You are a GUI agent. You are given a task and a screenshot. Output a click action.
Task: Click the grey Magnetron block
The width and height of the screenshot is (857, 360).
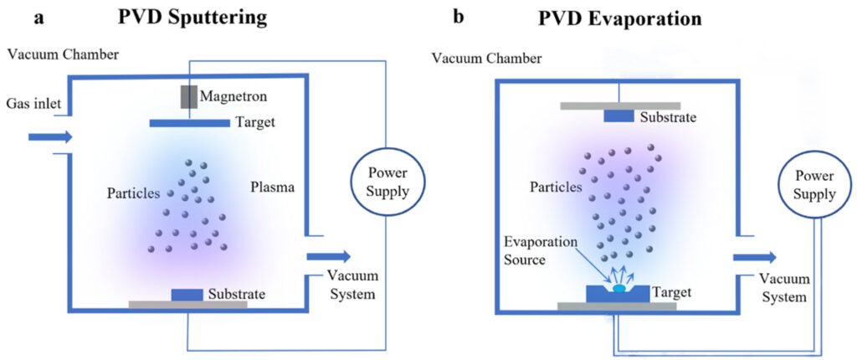[188, 96]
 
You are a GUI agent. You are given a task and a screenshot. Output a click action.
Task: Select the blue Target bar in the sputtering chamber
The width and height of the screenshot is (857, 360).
[190, 123]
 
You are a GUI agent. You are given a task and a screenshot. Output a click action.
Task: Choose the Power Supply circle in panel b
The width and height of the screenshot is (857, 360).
[814, 186]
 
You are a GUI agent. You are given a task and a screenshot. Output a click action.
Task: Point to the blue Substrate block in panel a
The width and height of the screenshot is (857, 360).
[187, 295]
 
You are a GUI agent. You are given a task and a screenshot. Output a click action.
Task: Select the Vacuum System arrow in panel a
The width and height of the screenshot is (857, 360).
[329, 256]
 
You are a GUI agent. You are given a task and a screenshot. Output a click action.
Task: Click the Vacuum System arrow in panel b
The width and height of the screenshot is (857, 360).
[754, 257]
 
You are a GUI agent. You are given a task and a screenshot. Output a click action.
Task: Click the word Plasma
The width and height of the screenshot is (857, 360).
[273, 187]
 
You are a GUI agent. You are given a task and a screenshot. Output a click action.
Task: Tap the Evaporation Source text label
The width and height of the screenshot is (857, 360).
[540, 250]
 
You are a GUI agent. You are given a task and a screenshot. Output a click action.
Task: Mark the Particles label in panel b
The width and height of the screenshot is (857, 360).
[557, 186]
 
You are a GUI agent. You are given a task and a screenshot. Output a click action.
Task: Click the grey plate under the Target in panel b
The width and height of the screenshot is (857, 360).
[617, 306]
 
